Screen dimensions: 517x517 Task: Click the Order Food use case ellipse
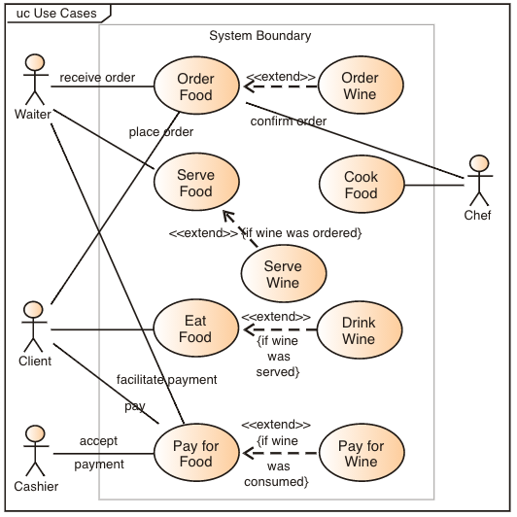click(196, 86)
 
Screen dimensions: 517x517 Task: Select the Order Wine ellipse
click(361, 86)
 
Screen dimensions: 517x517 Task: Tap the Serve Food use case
click(196, 182)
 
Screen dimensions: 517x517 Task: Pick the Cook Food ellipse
click(362, 185)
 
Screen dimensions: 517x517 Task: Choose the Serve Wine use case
click(284, 274)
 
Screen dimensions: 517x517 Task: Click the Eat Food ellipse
click(196, 328)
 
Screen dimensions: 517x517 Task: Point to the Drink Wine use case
click(360, 329)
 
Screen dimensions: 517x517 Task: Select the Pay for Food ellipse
click(196, 453)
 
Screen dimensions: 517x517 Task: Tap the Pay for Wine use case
click(362, 453)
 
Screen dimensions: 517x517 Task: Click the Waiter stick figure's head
click(35, 62)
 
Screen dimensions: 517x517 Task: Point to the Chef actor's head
click(479, 164)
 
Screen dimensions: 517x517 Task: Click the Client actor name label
click(35, 362)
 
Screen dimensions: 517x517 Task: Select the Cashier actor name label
click(36, 486)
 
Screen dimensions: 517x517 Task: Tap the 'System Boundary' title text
click(260, 36)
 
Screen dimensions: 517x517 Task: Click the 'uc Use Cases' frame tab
click(58, 14)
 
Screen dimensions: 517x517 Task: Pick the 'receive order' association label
click(97, 78)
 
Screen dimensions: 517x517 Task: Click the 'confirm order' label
click(289, 121)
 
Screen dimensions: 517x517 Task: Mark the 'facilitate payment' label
click(167, 380)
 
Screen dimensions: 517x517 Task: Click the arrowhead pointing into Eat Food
click(249, 329)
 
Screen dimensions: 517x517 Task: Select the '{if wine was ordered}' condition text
click(301, 233)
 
